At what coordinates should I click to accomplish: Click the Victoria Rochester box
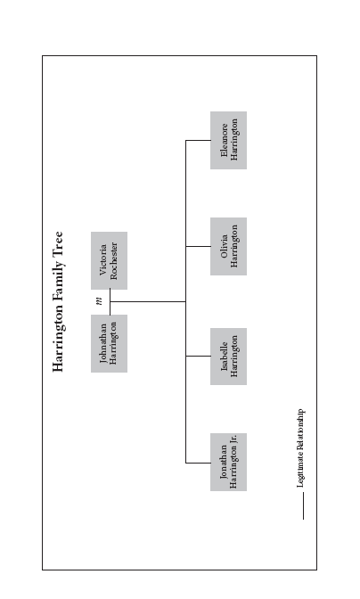click(110, 260)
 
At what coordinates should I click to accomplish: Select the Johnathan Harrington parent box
click(110, 343)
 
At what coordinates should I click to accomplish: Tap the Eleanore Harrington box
click(228, 140)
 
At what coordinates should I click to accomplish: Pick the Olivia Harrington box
click(228, 246)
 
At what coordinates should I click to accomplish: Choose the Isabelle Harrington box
click(228, 357)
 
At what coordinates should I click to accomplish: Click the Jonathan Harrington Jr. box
click(228, 463)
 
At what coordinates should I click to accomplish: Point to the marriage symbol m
click(100, 301)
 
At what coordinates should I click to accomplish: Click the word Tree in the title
click(58, 242)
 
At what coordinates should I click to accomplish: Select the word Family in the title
click(58, 278)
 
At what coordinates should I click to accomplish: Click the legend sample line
click(304, 505)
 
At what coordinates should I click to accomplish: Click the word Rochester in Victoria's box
click(114, 261)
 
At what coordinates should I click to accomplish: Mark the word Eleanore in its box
click(224, 140)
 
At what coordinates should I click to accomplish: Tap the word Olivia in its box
click(224, 246)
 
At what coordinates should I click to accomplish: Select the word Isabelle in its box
click(224, 357)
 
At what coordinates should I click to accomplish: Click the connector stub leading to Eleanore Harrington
click(198, 140)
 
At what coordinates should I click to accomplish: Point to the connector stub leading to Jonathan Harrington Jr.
click(198, 463)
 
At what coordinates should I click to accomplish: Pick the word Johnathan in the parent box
click(103, 343)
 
